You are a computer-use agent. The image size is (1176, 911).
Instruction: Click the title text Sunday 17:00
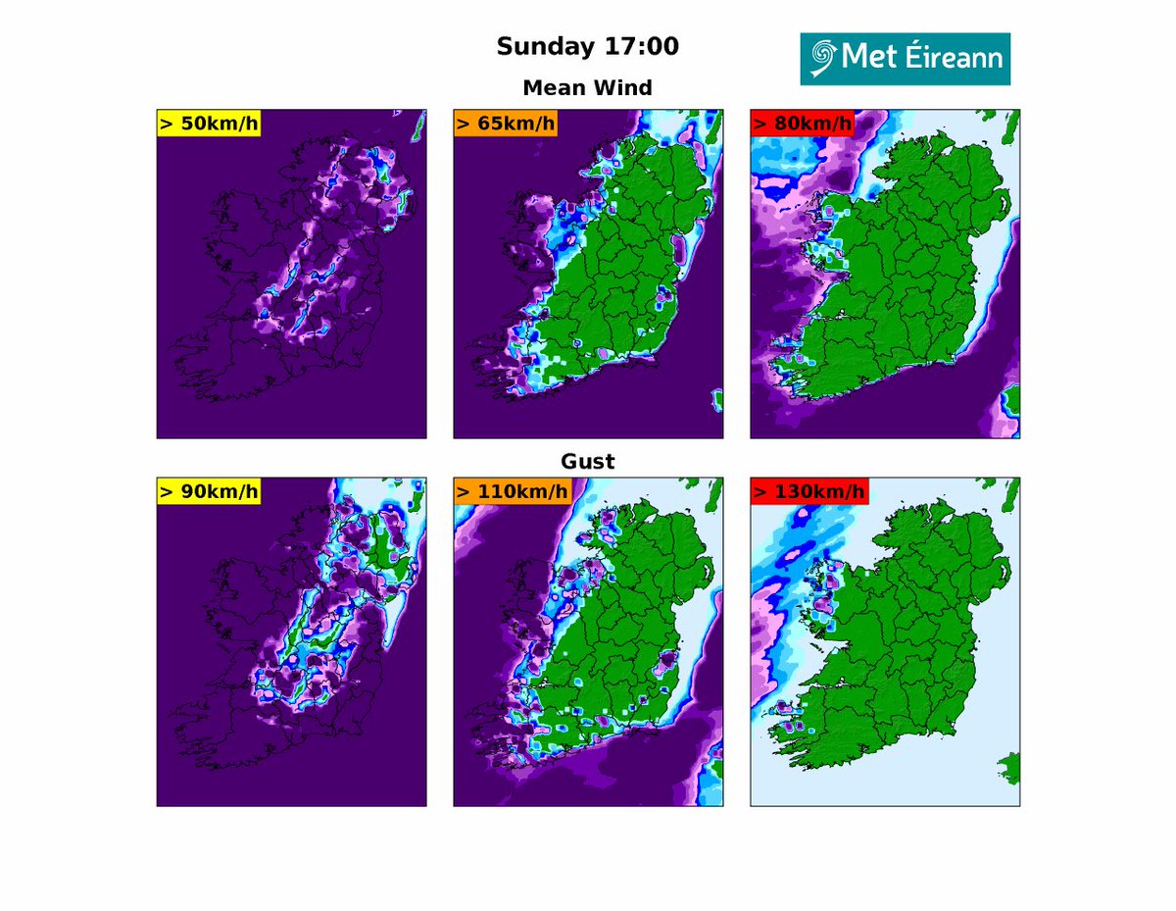(587, 46)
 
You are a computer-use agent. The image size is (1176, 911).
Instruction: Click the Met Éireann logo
(905, 59)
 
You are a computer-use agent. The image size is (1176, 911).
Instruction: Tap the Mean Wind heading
(587, 87)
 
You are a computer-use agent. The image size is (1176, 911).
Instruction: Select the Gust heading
(587, 461)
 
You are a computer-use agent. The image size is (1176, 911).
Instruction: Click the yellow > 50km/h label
(208, 124)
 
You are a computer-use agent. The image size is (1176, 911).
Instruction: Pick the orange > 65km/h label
(505, 124)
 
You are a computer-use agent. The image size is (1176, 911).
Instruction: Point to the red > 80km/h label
(802, 124)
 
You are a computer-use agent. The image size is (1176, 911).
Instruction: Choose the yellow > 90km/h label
(208, 491)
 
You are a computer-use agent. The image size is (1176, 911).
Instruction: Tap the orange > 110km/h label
(512, 491)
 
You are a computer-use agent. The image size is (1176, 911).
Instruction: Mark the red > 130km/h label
(808, 491)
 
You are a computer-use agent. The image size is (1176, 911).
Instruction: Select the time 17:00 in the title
(644, 46)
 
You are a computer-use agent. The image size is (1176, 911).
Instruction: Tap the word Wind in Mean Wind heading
(626, 87)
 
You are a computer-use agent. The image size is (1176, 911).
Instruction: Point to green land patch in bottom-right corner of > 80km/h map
(1011, 400)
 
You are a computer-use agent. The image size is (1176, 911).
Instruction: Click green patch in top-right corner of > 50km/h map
(419, 123)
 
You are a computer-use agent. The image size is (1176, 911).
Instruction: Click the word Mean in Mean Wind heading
(558, 87)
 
